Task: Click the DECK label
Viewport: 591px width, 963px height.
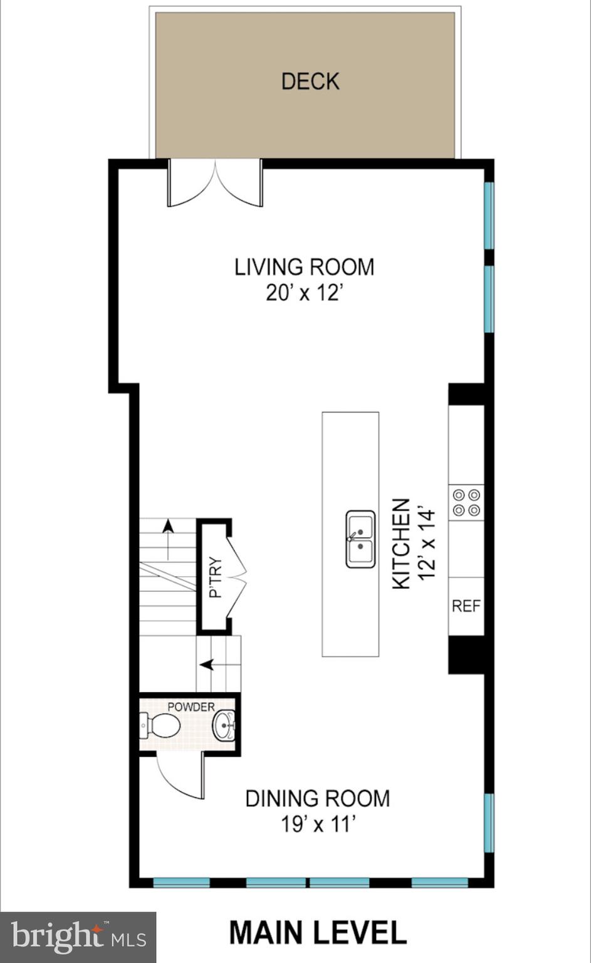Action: point(310,82)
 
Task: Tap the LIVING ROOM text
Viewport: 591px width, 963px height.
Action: point(304,267)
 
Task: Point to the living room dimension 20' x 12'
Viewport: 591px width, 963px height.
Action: point(304,293)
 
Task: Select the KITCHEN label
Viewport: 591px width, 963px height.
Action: point(401,544)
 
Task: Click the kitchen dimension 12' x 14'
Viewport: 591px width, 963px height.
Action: point(427,544)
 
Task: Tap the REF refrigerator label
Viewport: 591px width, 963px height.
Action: point(466,606)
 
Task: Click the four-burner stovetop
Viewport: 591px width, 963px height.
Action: point(466,502)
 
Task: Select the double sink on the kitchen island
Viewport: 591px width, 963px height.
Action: point(360,539)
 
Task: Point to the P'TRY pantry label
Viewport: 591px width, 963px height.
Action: point(215,577)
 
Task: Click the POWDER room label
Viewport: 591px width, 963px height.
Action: point(191,707)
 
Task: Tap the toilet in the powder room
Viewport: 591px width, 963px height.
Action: point(161,726)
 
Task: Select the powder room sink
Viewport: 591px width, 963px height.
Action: point(224,726)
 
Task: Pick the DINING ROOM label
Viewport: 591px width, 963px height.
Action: point(317,799)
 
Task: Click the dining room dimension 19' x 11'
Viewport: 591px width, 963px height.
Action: point(318,824)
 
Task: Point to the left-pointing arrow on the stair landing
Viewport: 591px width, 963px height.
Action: point(207,664)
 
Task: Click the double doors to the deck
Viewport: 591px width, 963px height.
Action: point(215,183)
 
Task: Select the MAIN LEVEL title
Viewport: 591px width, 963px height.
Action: point(318,932)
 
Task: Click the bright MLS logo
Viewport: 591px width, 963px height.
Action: point(78,937)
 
